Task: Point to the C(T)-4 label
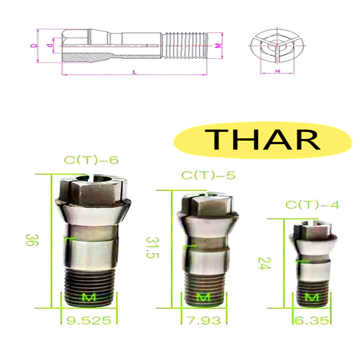click(x=312, y=205)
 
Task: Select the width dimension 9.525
click(x=89, y=320)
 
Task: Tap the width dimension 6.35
click(x=312, y=320)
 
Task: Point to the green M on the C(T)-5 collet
click(x=203, y=297)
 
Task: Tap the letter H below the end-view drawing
click(x=277, y=72)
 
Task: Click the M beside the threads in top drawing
click(x=218, y=45)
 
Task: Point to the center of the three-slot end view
click(x=274, y=45)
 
